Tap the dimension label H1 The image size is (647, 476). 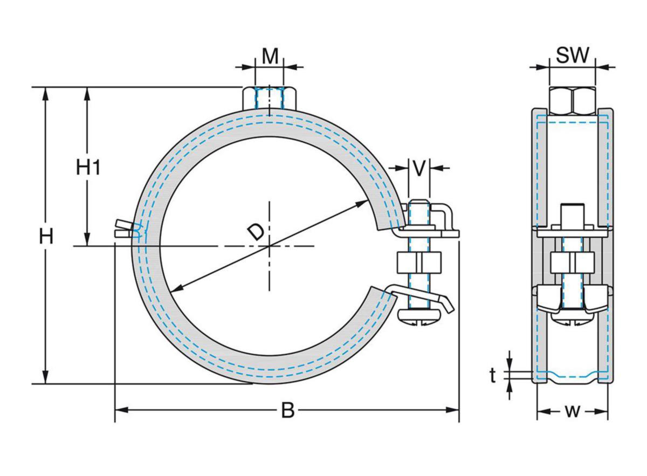(x=88, y=168)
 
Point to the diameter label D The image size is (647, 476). (x=256, y=232)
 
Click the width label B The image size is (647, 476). (x=288, y=411)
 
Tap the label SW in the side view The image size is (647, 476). (x=573, y=56)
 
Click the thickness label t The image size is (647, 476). (x=493, y=376)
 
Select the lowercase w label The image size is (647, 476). (x=572, y=411)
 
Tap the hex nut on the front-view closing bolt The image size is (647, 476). (x=419, y=263)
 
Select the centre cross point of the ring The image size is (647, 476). (x=269, y=246)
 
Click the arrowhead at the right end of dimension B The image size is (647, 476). (x=454, y=410)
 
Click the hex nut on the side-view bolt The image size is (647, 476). (x=573, y=263)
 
